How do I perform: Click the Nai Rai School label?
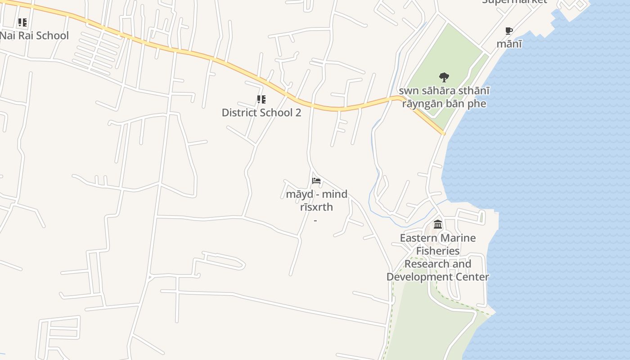[34, 36]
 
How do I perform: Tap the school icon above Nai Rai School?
[22, 22]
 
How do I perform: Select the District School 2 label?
[261, 112]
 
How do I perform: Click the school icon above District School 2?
[261, 99]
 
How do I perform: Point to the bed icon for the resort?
[316, 181]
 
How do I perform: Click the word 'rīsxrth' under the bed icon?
[316, 207]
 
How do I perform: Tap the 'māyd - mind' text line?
[316, 194]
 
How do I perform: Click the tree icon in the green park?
[444, 77]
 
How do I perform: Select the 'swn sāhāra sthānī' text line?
[444, 91]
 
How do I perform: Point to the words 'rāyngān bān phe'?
[444, 104]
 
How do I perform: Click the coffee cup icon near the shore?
[509, 31]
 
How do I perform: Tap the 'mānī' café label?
[509, 44]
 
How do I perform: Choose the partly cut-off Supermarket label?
[514, 2]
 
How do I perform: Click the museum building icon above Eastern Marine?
[438, 224]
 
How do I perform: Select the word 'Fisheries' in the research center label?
[438, 251]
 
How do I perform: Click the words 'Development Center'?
[438, 277]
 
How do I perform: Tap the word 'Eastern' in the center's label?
[418, 238]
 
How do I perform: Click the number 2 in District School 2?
[298, 112]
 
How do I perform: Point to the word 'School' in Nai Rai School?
[53, 36]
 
